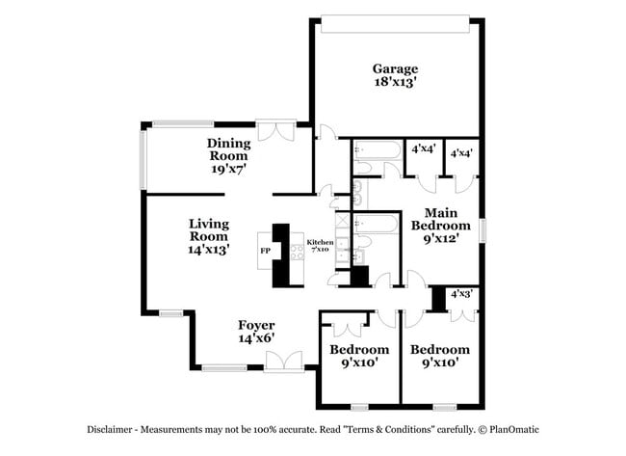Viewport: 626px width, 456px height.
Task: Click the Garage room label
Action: [396, 68]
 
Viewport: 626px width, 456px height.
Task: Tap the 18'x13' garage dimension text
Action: [396, 83]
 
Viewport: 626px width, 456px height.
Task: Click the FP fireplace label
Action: [265, 252]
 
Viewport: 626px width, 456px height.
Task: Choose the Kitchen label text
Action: [320, 242]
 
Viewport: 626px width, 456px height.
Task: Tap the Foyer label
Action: [256, 325]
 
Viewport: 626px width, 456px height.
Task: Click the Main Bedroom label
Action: [433, 219]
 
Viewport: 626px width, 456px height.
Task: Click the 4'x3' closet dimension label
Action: [461, 293]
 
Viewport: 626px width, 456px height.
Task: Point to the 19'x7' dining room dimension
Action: [228, 169]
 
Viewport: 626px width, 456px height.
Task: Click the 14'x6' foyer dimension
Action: [256, 338]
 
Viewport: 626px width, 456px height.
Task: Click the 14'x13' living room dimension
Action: [208, 247]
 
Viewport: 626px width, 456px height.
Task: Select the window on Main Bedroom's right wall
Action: [482, 229]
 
